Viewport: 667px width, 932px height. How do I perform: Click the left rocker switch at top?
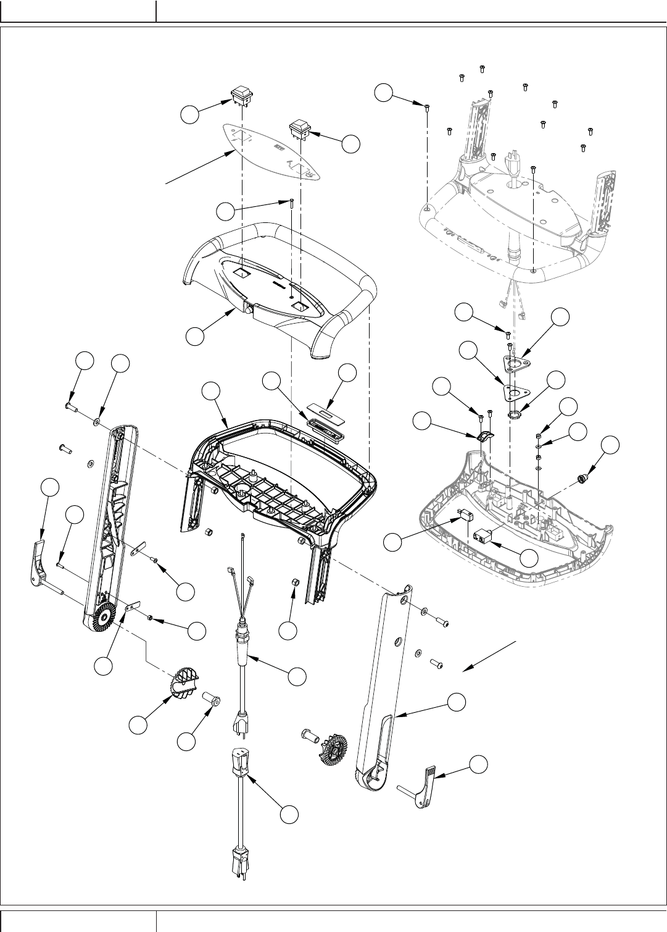241,94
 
